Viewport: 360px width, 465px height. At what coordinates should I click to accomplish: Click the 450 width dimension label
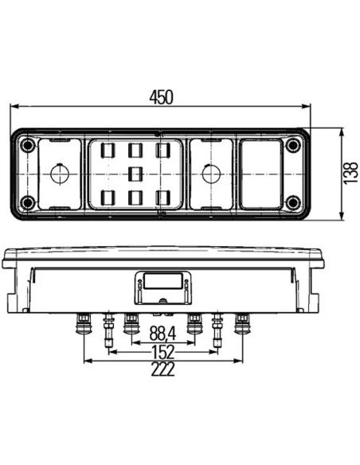click(161, 98)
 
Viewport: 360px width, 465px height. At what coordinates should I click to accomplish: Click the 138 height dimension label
click(350, 173)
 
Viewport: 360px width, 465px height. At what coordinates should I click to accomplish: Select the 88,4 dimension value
click(162, 333)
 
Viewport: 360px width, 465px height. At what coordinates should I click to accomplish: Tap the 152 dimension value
click(163, 352)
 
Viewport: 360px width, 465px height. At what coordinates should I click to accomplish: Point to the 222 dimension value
click(162, 369)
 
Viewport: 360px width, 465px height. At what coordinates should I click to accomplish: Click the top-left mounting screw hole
click(28, 145)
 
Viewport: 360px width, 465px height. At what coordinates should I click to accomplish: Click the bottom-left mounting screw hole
click(27, 202)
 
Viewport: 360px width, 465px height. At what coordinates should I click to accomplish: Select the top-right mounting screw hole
click(292, 145)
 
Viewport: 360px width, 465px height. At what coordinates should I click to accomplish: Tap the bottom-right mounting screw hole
click(292, 202)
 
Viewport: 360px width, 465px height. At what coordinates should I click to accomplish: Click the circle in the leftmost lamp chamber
click(61, 174)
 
